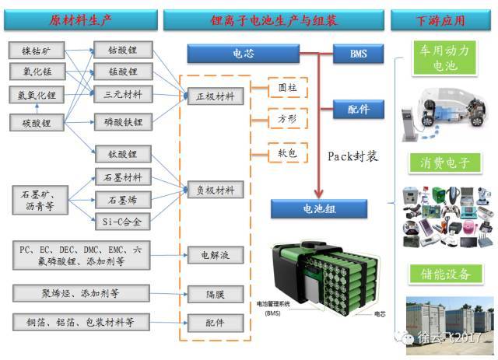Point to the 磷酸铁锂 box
122,122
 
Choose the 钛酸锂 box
122,154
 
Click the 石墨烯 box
122,201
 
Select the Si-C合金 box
122,222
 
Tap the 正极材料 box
216,96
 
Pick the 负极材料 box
216,190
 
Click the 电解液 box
216,255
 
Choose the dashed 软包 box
288,152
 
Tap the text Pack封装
352,156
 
